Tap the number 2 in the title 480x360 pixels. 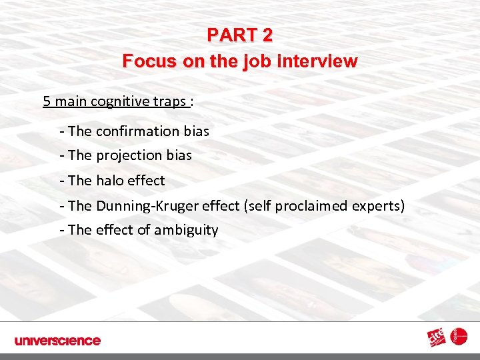[x=266, y=34]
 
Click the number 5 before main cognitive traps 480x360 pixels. [x=47, y=101]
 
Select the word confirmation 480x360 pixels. [x=138, y=131]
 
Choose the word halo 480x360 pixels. [x=111, y=180]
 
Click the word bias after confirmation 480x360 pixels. [x=197, y=131]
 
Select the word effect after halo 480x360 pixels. [x=147, y=180]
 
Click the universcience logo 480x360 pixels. [x=57, y=341]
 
